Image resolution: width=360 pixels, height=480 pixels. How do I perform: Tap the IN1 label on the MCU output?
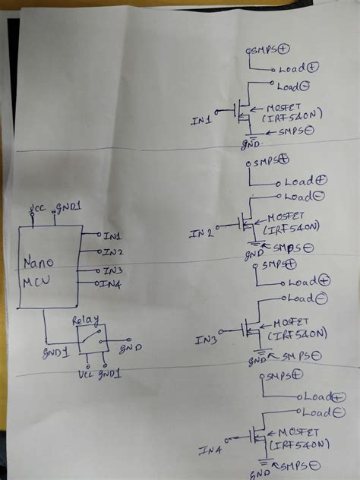(x=112, y=236)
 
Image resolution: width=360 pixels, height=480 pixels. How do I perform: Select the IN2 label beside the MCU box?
(x=113, y=251)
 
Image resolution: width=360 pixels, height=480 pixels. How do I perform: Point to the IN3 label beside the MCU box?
(x=112, y=270)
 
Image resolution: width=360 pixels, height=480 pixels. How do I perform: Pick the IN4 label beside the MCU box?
(x=112, y=284)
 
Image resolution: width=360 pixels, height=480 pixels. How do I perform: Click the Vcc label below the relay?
(x=85, y=374)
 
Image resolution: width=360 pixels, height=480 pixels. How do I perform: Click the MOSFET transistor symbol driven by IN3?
(x=251, y=329)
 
